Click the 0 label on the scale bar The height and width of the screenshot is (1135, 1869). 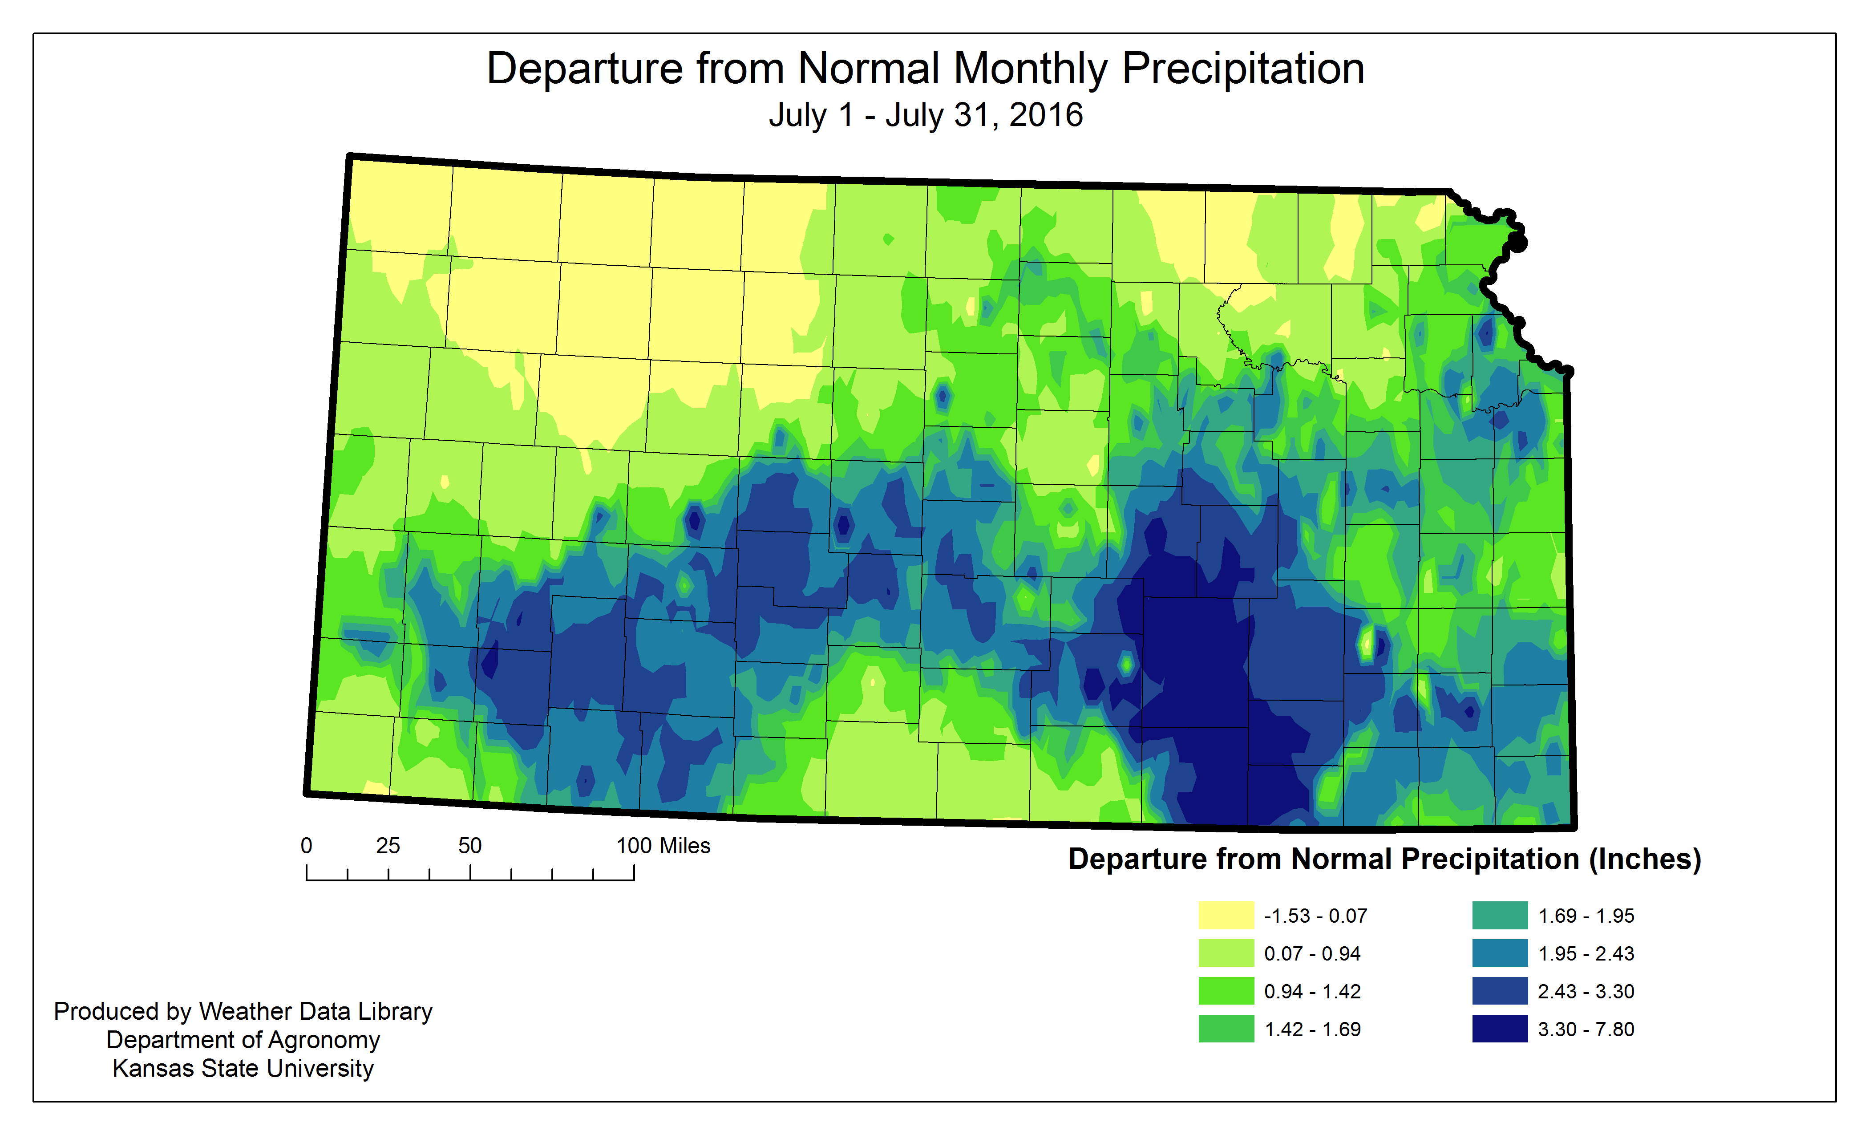coord(307,846)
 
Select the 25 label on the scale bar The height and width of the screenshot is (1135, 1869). coord(388,846)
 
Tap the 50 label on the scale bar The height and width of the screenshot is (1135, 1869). coord(469,846)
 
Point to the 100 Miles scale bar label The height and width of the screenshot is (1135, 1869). coord(663,846)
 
